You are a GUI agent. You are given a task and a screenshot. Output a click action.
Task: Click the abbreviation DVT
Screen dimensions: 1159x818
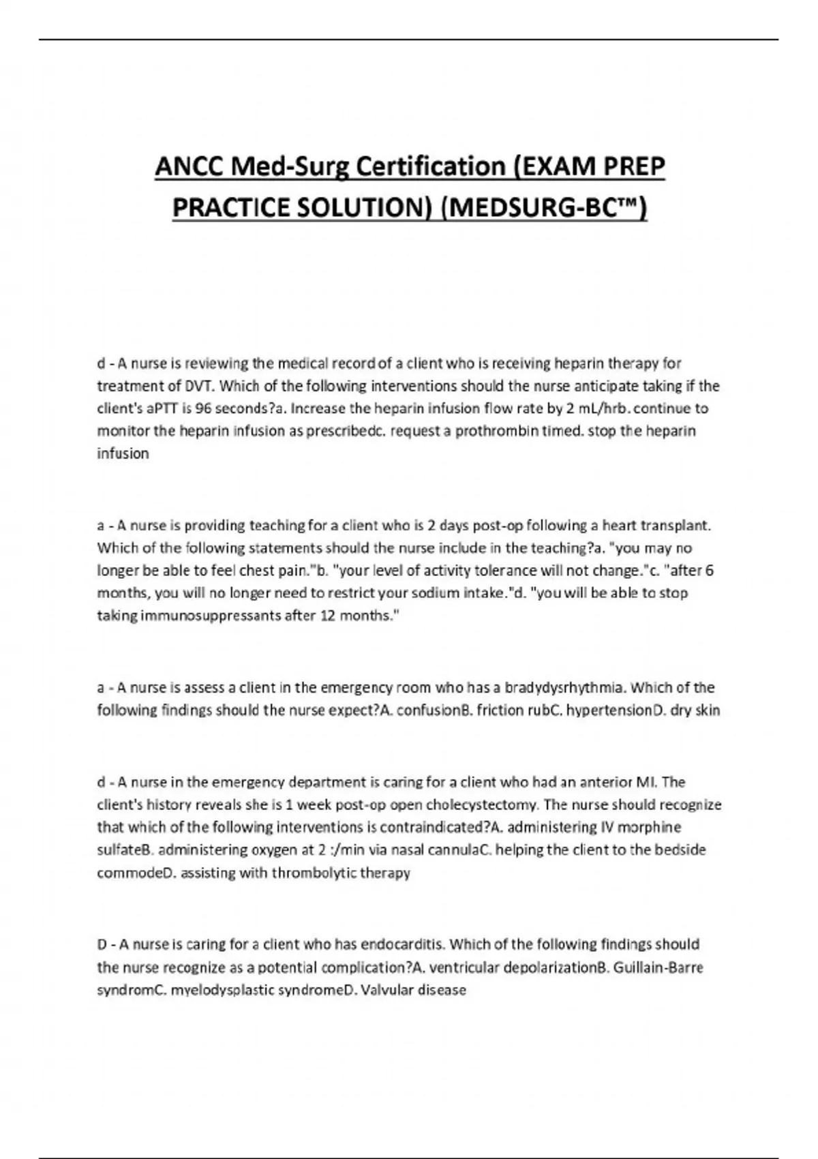click(x=200, y=386)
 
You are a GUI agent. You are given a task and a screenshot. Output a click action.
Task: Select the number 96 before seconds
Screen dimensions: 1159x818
click(x=203, y=408)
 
